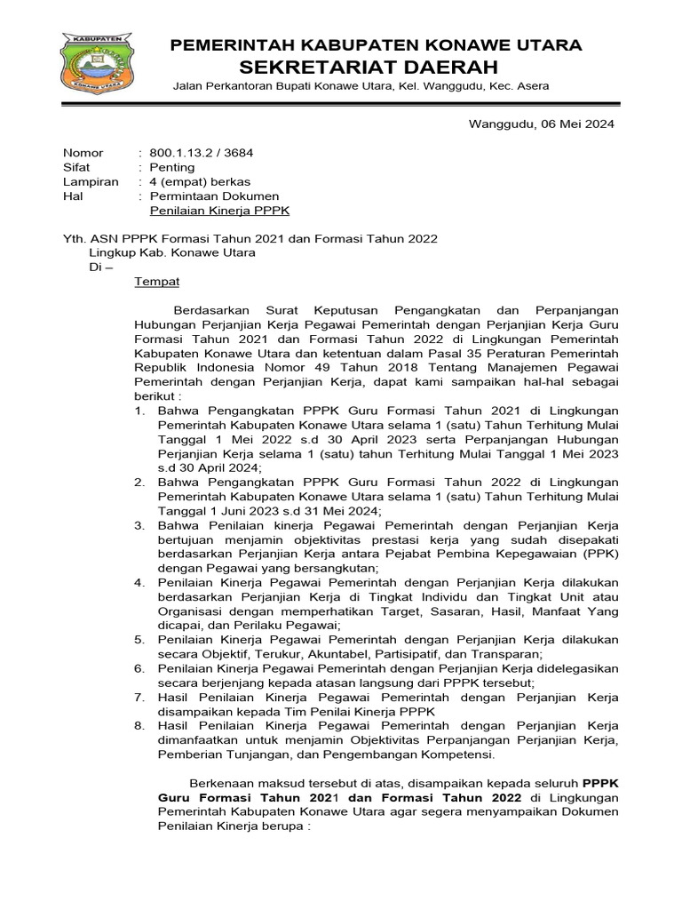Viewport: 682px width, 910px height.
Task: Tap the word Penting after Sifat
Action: point(172,167)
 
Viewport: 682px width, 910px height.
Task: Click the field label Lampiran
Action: point(86,181)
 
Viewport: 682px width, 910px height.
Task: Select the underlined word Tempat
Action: point(156,282)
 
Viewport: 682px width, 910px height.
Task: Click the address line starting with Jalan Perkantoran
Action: point(360,86)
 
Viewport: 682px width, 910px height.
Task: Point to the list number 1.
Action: point(139,411)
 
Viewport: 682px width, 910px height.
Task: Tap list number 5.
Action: point(139,639)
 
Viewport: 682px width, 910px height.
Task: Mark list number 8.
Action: point(139,725)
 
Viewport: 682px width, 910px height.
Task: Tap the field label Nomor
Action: point(83,153)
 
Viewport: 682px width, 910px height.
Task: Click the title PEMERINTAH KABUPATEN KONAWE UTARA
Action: point(376,44)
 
